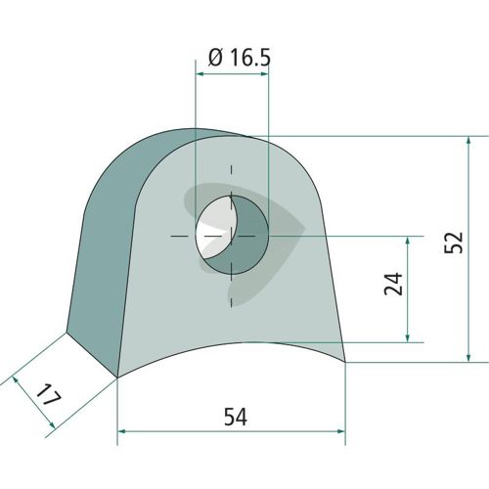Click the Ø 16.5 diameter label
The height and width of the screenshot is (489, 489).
click(x=240, y=58)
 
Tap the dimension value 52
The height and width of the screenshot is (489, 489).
click(x=454, y=243)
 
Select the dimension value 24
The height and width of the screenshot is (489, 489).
click(x=393, y=284)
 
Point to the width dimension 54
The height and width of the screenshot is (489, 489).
click(x=236, y=417)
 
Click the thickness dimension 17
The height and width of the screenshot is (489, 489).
click(x=49, y=395)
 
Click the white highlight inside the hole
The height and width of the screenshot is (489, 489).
click(x=213, y=227)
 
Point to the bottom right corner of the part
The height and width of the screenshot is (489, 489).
click(x=345, y=362)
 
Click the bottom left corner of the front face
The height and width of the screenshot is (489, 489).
click(x=117, y=378)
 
